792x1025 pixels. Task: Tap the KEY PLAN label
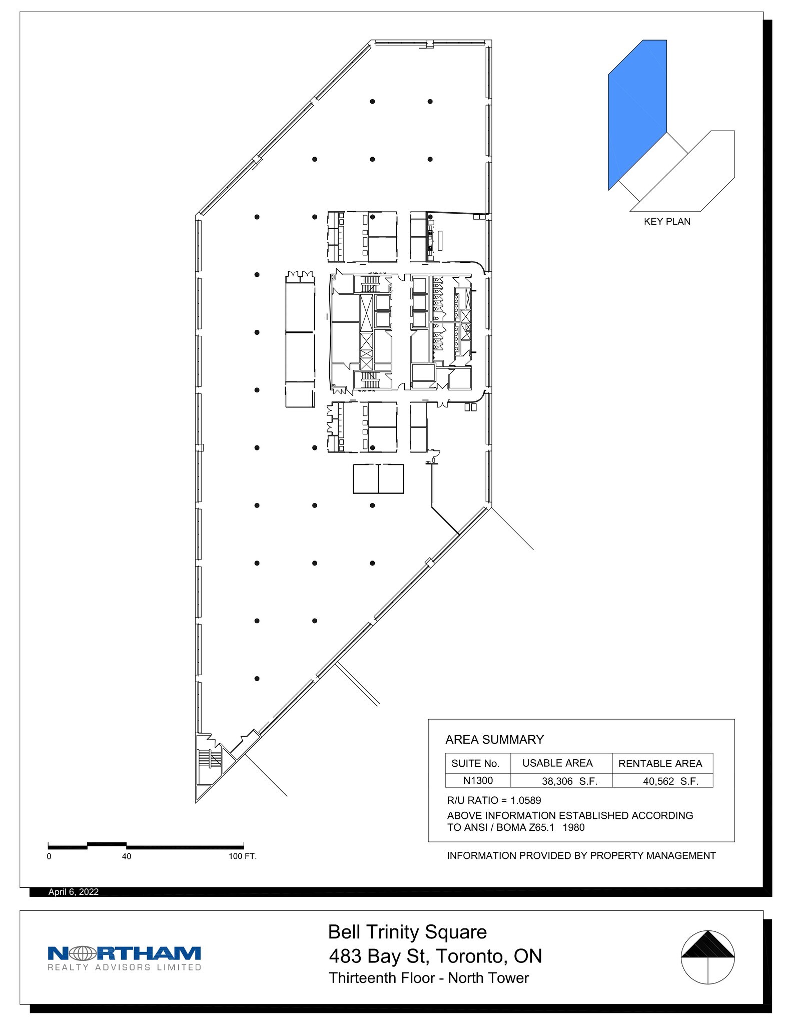tap(667, 222)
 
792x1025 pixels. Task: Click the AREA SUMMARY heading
tap(494, 740)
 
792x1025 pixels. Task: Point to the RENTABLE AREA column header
tap(660, 764)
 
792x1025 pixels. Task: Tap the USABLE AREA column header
tap(557, 763)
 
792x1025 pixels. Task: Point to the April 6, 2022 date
tap(74, 892)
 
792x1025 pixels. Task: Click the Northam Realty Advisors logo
tap(124, 958)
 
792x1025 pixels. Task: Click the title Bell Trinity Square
tap(407, 932)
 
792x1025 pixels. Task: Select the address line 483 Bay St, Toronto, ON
tap(435, 956)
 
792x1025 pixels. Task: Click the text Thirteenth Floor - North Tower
tap(429, 978)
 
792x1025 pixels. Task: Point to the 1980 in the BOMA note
tap(573, 827)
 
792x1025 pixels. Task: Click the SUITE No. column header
tap(475, 764)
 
